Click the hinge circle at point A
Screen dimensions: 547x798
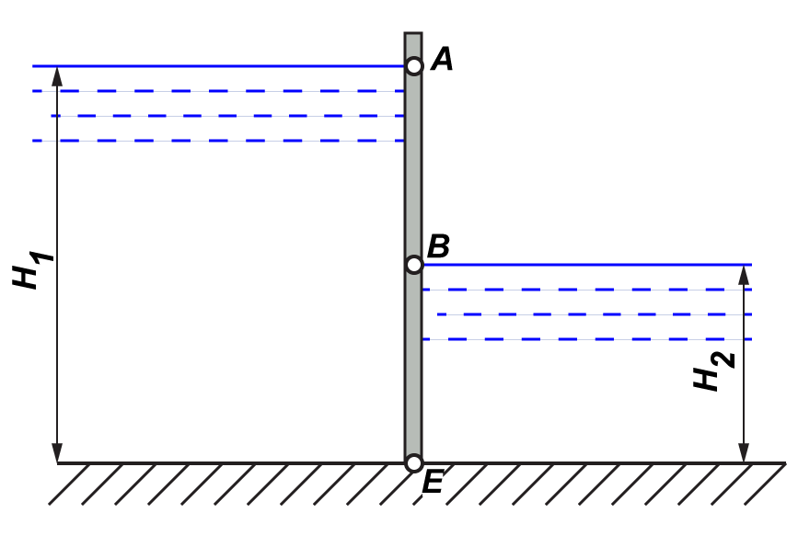click(x=414, y=66)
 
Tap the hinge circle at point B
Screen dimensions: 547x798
click(x=414, y=265)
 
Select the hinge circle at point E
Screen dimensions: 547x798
click(x=414, y=462)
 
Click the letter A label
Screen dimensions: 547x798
click(x=443, y=61)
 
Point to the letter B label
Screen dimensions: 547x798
click(x=439, y=246)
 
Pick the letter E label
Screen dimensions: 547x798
click(x=434, y=483)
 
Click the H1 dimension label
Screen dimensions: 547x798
click(x=32, y=271)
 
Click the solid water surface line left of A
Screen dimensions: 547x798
click(x=221, y=66)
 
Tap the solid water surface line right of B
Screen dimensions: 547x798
click(x=589, y=265)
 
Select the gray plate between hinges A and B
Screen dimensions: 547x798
click(x=413, y=165)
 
